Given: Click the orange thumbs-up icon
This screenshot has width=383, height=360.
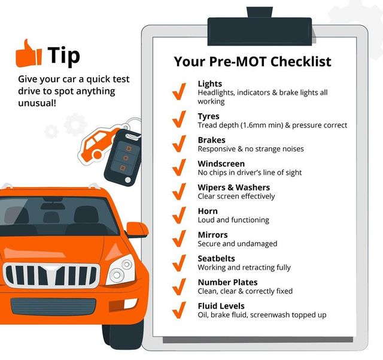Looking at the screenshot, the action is (29, 54).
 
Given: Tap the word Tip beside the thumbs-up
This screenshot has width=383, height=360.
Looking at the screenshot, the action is (64, 56).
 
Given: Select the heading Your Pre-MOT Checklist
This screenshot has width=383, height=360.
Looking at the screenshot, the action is (253, 61).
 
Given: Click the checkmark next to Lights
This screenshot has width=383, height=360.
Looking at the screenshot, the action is (180, 91).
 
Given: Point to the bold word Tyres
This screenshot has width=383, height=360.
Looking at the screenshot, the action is (209, 116).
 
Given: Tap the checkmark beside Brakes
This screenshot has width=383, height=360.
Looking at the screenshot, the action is (180, 144).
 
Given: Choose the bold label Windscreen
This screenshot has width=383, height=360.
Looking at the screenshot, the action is (221, 164).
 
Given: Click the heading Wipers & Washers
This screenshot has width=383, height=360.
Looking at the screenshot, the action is (234, 187).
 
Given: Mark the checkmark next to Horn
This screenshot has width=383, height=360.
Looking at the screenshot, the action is (180, 215).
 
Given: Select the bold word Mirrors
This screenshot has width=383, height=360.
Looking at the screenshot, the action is (213, 235).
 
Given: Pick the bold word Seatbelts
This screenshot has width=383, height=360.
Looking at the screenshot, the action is (217, 259).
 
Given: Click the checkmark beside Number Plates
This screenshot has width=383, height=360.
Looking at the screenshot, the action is (180, 286).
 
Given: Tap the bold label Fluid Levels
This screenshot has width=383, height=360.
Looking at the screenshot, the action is (221, 306).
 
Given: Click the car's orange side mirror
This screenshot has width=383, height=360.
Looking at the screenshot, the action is (137, 229).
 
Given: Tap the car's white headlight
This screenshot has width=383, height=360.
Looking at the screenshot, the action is (120, 270).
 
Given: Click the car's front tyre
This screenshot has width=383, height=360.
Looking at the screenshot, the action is (123, 335).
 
